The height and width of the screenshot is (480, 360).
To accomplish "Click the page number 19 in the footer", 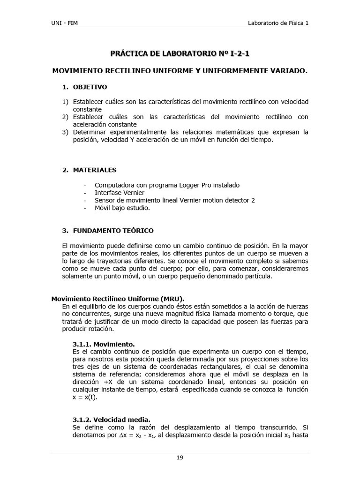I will tap(180, 458).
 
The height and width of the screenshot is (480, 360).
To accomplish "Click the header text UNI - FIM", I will tap(65, 23).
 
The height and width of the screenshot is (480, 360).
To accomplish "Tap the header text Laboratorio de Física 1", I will tap(278, 23).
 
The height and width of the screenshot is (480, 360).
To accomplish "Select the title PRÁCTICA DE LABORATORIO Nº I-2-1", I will tap(180, 54).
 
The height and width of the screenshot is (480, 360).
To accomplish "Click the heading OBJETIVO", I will tap(90, 87).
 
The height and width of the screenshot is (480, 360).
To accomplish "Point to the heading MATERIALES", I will tap(95, 170).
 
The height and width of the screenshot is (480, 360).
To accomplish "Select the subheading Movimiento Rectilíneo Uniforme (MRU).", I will tap(118, 299).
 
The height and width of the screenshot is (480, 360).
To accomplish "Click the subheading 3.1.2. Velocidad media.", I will tap(112, 420).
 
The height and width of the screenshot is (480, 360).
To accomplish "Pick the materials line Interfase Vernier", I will tap(120, 193).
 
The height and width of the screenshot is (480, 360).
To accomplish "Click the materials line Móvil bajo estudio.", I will tap(122, 208).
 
